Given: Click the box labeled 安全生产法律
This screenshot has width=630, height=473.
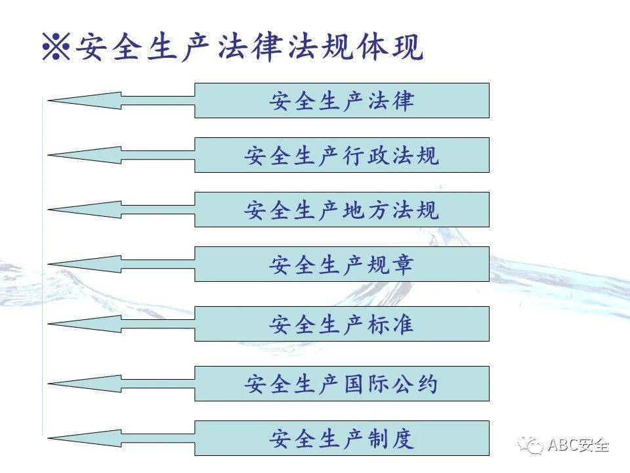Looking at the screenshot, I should click(342, 101).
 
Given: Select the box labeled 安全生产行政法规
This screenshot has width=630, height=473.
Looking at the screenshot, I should click(342, 155).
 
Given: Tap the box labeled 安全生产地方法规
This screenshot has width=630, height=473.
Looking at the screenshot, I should click(342, 210).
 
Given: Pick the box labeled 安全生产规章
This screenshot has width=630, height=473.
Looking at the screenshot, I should click(342, 264).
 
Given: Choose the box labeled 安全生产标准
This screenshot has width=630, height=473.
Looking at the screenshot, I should click(342, 324).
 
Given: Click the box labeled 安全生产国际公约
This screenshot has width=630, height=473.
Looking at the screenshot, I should click(342, 384).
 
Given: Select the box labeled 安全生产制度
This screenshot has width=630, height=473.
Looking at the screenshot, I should click(342, 438).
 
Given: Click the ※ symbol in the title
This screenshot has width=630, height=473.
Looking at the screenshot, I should click(56, 47).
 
